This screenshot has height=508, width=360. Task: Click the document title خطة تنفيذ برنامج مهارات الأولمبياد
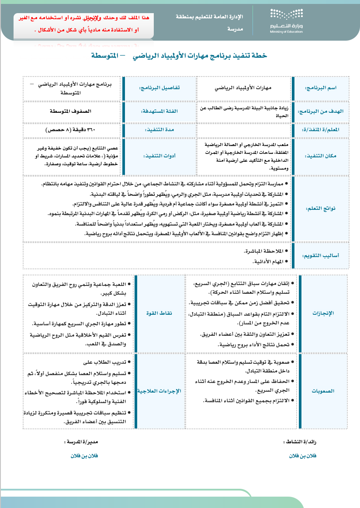(x=179, y=56)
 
